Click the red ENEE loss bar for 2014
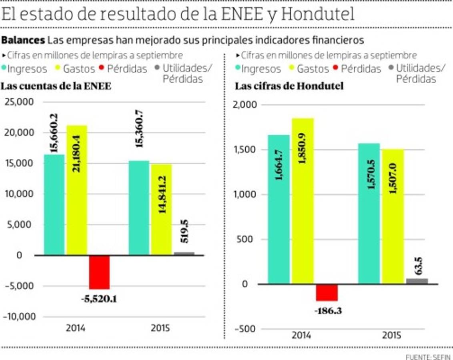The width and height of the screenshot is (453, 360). click(99, 272)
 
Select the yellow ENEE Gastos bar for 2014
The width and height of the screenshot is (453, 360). click(76, 190)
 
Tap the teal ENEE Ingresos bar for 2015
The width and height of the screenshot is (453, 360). click(138, 208)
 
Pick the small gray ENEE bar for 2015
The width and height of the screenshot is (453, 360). click(184, 253)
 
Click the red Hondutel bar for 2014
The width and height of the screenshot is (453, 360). click(327, 292)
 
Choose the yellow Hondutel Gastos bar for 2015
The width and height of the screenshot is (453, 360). click(393, 216)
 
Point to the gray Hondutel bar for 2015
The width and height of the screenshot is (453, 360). click(417, 281)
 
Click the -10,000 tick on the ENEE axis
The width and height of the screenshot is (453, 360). click(18, 316)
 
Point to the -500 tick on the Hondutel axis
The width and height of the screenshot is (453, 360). click(244, 329)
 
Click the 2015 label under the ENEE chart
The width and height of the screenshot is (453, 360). click(160, 328)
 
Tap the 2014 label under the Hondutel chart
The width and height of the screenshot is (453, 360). click(301, 335)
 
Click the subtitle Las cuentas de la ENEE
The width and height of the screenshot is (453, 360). click(56, 86)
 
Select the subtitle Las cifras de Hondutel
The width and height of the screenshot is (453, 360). click(289, 86)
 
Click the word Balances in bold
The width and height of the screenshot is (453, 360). click(23, 40)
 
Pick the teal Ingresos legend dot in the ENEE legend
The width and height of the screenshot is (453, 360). click(4, 69)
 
